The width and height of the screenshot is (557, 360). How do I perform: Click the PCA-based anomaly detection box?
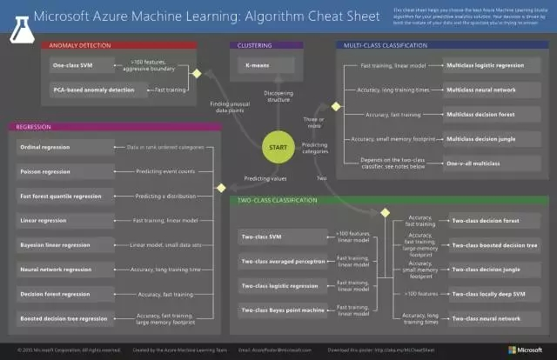(x=86, y=89)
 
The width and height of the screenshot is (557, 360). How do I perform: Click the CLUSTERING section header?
(x=255, y=43)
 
